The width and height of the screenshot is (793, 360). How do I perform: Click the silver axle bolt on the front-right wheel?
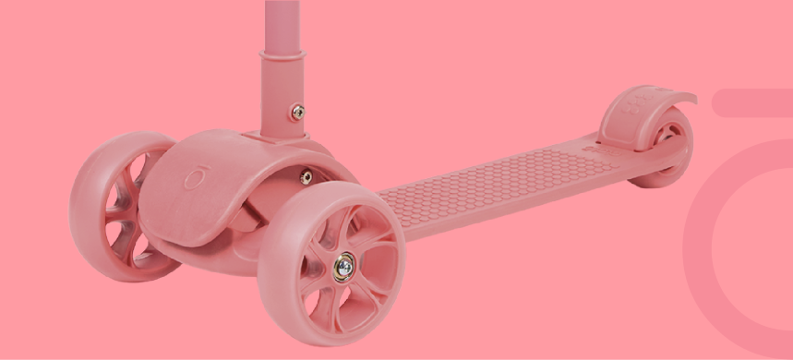[x=343, y=267]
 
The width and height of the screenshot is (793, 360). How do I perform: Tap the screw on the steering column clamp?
[x=297, y=112]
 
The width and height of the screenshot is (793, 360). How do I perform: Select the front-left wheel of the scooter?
[x=120, y=208]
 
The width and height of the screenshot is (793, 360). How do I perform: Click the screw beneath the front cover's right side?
[x=306, y=176]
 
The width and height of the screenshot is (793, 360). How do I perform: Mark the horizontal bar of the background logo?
[x=752, y=103]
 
